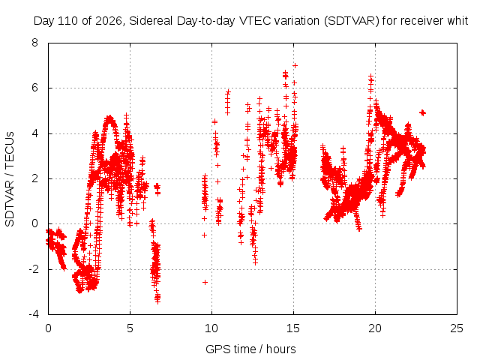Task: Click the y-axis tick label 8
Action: pos(35,43)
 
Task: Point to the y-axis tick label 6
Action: pos(35,88)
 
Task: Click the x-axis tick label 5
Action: pos(130,328)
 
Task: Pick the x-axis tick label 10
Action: pos(211,328)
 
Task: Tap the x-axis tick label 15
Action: pos(293,328)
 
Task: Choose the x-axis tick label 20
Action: pos(375,328)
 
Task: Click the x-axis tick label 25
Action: pos(457,328)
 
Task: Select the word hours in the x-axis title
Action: pos(281,349)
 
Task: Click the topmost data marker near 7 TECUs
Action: pos(295,65)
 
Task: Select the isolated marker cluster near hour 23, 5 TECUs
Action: pos(423,113)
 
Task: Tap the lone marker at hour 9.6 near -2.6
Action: pos(205,282)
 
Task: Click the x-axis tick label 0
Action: pos(48,328)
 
